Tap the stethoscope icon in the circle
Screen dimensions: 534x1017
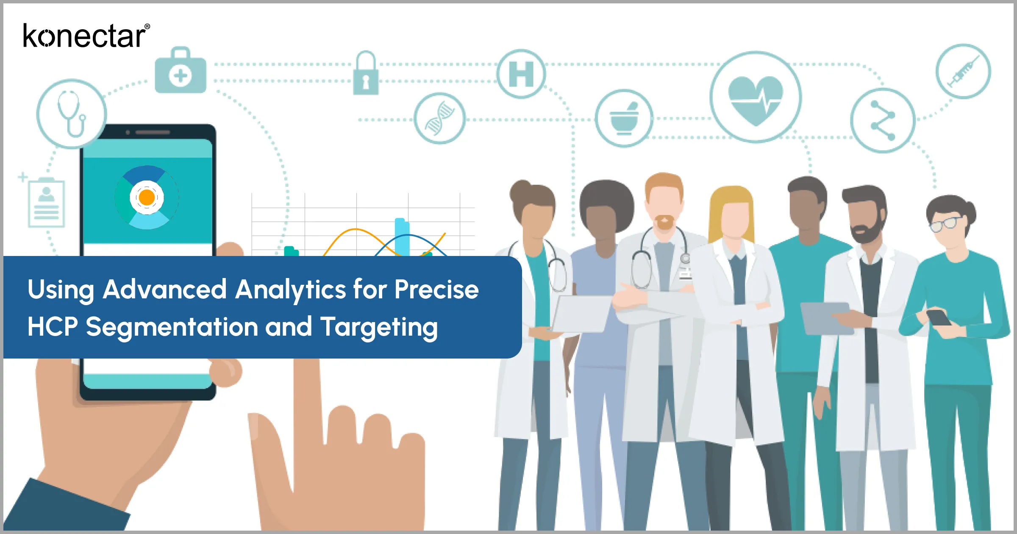click(x=71, y=114)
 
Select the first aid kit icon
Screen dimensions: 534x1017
click(x=181, y=72)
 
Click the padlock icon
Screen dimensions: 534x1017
click(x=366, y=75)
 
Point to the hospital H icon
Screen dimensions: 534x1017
click(x=521, y=74)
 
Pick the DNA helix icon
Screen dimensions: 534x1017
click(x=439, y=118)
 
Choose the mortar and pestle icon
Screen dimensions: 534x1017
click(x=624, y=118)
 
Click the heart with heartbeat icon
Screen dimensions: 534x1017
click(x=756, y=97)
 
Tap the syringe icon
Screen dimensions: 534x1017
click(x=963, y=71)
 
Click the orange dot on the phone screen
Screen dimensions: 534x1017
click(x=147, y=197)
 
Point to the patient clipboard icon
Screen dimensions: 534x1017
click(x=46, y=203)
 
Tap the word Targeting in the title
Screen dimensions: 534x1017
click(x=379, y=328)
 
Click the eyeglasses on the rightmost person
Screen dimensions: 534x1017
click(x=945, y=223)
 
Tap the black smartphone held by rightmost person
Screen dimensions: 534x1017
click(x=938, y=317)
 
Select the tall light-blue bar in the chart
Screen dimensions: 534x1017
click(x=402, y=237)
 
